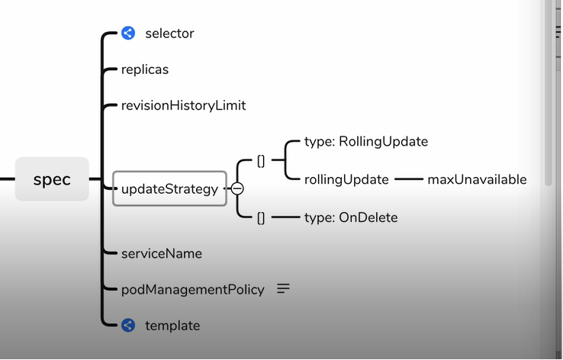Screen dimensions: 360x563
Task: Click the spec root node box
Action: [x=52, y=179]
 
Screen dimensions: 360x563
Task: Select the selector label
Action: [x=169, y=34]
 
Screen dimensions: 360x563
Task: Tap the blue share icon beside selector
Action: [x=128, y=33]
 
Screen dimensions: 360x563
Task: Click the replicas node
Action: [x=145, y=69]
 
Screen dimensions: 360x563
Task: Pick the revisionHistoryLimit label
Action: [x=184, y=105]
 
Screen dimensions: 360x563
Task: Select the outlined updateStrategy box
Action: [x=169, y=188]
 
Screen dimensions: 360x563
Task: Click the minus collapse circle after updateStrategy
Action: [x=237, y=188]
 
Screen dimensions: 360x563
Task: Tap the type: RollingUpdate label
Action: [x=365, y=142]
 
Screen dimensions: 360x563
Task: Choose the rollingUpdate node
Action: [x=346, y=180]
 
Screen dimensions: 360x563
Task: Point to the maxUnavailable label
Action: [x=477, y=180]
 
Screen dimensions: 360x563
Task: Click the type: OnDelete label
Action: [x=350, y=217]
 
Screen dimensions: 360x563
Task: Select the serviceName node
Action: [x=162, y=253]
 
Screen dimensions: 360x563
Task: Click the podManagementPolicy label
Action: [x=193, y=289]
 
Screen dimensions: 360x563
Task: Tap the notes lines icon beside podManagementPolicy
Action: [x=283, y=289]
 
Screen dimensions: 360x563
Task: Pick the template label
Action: [x=172, y=326]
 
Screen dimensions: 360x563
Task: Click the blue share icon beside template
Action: [x=128, y=326]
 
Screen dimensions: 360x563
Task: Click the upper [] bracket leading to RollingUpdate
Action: [x=261, y=161]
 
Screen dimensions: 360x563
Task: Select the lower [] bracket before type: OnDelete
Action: [x=261, y=217]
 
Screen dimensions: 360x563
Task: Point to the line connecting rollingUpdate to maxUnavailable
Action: [x=408, y=180]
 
